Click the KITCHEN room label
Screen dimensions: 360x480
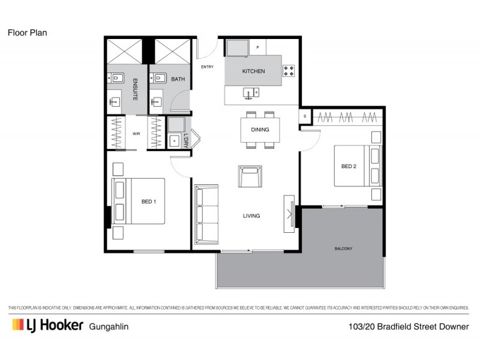tap(253, 71)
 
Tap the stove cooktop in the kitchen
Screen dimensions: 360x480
tap(289, 71)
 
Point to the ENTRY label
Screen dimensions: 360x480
tap(207, 67)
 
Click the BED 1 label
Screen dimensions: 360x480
tap(149, 202)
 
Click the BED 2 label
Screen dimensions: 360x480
tap(349, 166)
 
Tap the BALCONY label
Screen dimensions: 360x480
tap(343, 248)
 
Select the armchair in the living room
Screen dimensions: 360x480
tap(250, 176)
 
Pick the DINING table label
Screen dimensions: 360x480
tap(260, 130)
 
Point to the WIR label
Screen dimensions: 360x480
tap(136, 134)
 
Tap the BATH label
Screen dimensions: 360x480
tap(178, 79)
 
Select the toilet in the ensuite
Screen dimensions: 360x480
tap(115, 77)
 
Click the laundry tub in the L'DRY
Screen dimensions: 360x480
tap(175, 141)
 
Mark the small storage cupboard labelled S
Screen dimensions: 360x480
tap(305, 116)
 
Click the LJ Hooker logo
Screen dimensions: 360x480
tap(46, 325)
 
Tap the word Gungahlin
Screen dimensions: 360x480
tap(109, 326)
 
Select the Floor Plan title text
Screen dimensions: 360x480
tap(27, 33)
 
